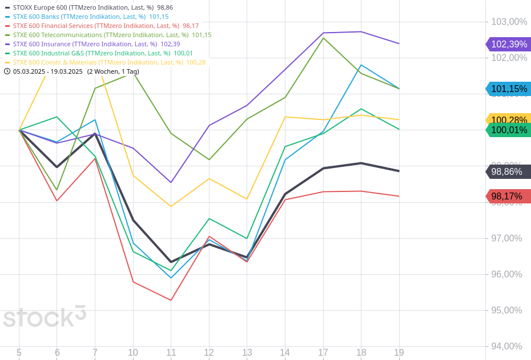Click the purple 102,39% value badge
tap(508, 44)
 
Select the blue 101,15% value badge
tap(508, 89)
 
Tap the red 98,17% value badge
tap(508, 196)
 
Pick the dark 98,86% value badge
tap(508, 171)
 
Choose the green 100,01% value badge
tap(508, 130)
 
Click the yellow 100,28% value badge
tap(508, 119)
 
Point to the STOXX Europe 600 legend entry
tap(83, 7)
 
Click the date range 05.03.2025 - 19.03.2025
tap(47, 71)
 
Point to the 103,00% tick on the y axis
tap(509, 22)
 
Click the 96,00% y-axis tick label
tap(506, 274)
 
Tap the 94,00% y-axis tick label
tap(506, 346)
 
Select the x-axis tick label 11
tap(171, 353)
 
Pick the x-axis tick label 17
tap(323, 353)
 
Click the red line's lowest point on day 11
tap(171, 300)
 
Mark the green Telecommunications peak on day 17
tap(323, 38)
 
